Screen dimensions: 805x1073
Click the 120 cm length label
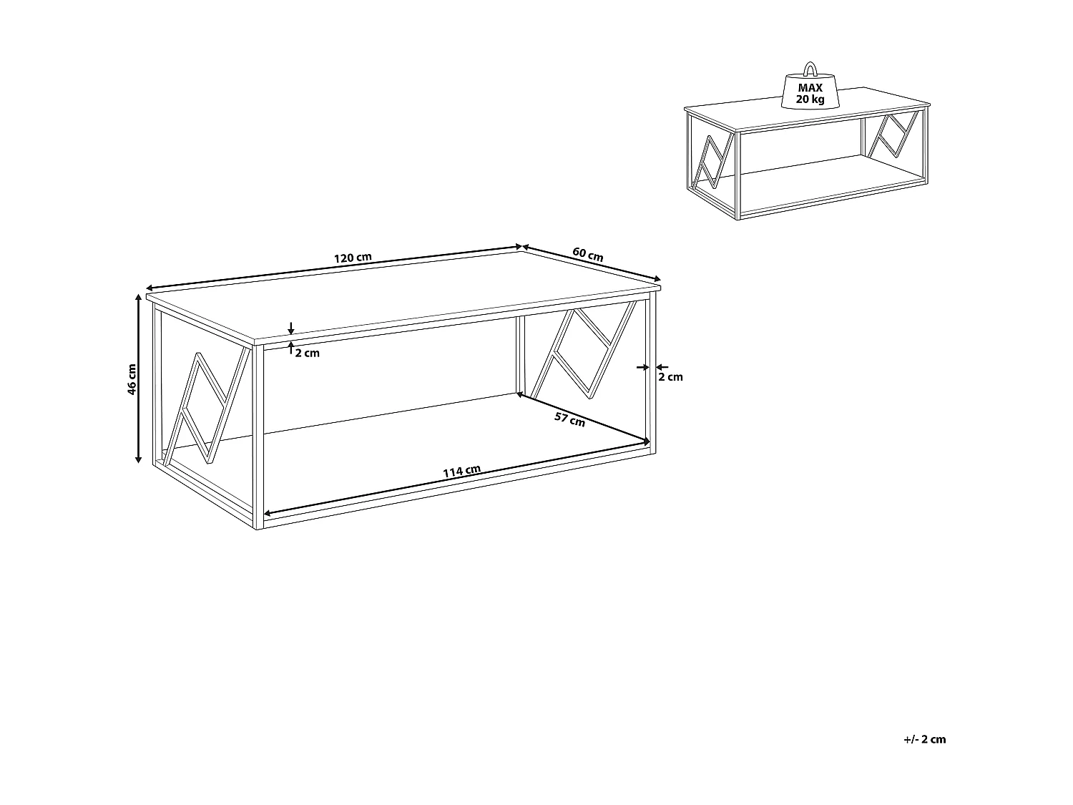pos(353,258)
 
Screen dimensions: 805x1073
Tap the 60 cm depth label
pos(587,254)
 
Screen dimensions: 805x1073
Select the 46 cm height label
pos(131,379)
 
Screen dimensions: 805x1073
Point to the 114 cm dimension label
pos(461,472)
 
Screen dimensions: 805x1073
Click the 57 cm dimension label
pos(570,419)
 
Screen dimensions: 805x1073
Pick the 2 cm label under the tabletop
pos(307,353)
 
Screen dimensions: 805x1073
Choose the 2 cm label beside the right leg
pos(670,377)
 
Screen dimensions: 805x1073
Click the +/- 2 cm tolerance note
pos(924,739)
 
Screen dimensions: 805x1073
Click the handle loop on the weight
pos(810,69)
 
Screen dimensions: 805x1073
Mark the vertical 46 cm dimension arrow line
pos(139,379)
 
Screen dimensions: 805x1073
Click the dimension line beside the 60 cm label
pos(591,263)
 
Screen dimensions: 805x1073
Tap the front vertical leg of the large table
pos(259,436)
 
